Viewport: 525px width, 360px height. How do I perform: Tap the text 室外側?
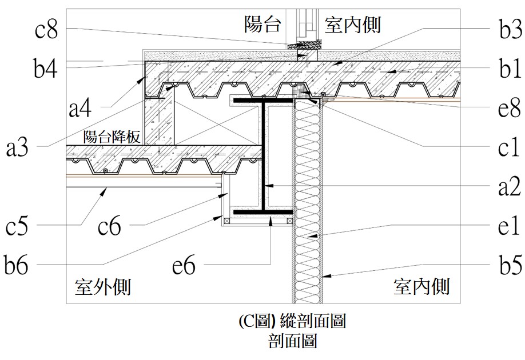point(103,286)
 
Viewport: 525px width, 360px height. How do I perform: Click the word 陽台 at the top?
point(264,25)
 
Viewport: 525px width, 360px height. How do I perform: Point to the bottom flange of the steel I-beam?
point(261,213)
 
